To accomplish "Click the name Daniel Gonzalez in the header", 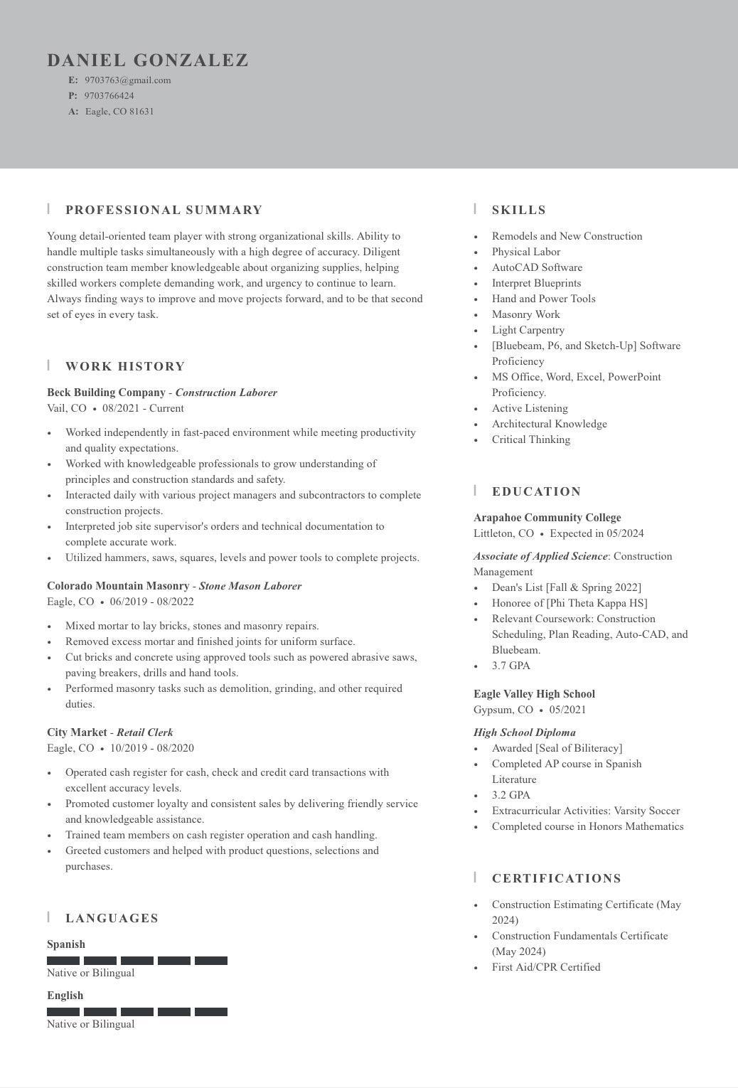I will point(148,60).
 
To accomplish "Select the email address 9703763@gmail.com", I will point(128,80).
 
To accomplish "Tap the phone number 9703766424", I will point(109,96).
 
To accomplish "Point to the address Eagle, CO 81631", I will point(119,112).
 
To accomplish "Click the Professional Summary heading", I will point(164,210).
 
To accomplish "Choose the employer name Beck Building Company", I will point(106,393).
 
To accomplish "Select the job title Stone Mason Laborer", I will point(250,586).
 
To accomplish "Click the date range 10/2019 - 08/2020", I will point(151,748).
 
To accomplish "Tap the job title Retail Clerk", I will point(145,732).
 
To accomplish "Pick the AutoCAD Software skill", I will point(537,267).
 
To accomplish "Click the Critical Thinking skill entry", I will point(531,439).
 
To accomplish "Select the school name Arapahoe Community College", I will point(547,518).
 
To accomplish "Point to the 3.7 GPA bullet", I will point(511,666).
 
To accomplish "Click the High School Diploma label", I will point(525,732).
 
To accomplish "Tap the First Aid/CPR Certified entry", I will point(546,967).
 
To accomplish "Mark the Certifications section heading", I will point(557,879).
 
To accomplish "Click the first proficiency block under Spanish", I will point(63,961).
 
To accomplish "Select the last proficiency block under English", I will point(211,1012).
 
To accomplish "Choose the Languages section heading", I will point(112,919).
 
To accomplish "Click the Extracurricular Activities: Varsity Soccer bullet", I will point(586,811).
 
